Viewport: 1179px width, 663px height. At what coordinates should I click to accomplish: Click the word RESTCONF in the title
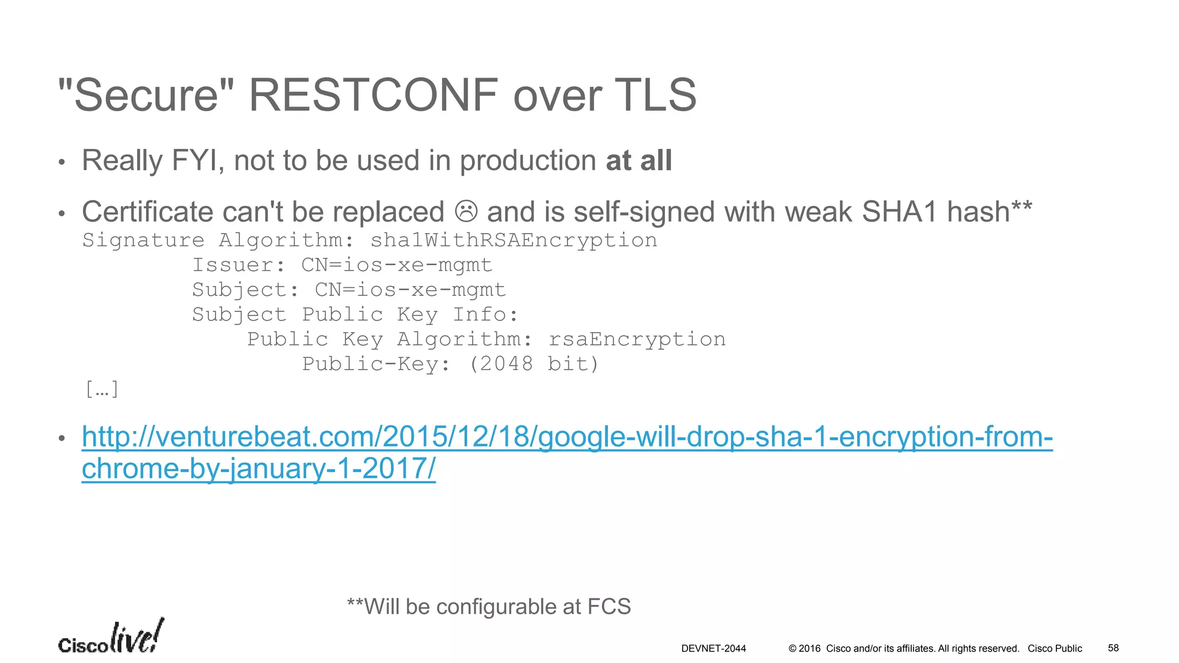point(373,95)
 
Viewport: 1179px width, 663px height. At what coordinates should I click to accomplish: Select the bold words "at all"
point(639,160)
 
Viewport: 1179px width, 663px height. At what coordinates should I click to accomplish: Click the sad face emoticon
point(466,211)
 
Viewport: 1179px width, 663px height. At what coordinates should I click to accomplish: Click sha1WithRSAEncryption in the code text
point(514,240)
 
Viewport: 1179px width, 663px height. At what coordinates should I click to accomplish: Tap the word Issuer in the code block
point(238,265)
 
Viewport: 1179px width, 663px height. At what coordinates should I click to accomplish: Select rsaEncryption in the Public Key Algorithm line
point(637,339)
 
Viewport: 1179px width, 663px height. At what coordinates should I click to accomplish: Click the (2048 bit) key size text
point(534,364)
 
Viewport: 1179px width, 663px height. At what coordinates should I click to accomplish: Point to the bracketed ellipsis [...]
point(102,389)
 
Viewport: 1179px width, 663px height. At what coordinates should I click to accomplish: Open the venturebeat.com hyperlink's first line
point(567,436)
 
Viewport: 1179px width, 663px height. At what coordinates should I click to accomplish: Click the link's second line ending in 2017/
point(258,468)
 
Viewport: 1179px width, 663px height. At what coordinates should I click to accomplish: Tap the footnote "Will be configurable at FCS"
point(489,607)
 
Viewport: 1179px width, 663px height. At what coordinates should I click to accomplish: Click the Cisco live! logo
point(111,638)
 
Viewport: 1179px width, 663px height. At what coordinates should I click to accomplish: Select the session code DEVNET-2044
point(713,649)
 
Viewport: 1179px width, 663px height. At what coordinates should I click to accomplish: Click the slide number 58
point(1113,648)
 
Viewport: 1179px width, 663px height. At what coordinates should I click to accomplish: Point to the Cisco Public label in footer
point(1055,649)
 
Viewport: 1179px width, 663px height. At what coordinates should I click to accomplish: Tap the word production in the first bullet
point(527,160)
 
